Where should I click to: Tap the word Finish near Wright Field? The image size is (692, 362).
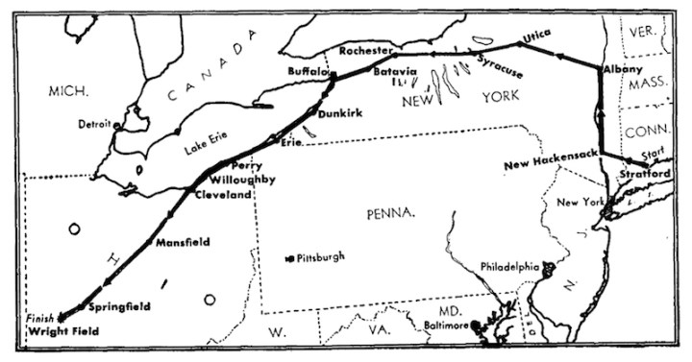pyautogui.click(x=38, y=317)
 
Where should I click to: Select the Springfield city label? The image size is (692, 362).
pyautogui.click(x=118, y=307)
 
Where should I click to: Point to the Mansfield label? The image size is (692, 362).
pyautogui.click(x=183, y=242)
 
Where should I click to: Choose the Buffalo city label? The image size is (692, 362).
pyautogui.click(x=308, y=73)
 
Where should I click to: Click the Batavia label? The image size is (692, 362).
pyautogui.click(x=394, y=72)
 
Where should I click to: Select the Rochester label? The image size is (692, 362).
pyautogui.click(x=367, y=50)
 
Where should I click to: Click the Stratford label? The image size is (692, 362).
pyautogui.click(x=645, y=175)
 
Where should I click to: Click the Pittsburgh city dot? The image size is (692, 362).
pyautogui.click(x=289, y=258)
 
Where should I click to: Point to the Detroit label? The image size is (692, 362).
pyautogui.click(x=94, y=125)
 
